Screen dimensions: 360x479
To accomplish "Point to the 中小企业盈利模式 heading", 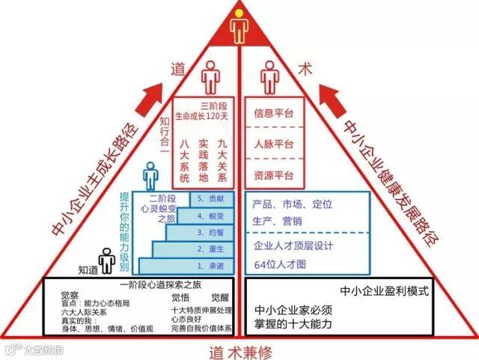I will point(384,291).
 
